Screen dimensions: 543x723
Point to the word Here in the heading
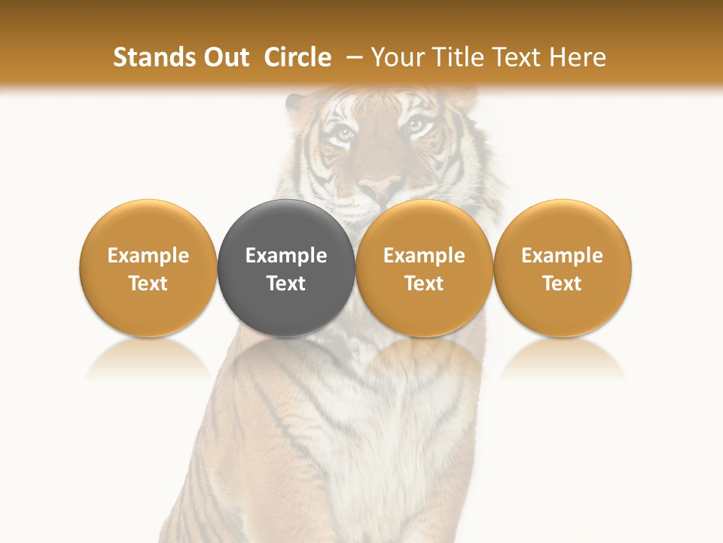coord(578,57)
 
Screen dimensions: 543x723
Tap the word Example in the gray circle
coord(286,256)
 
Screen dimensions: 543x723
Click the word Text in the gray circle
coord(286,284)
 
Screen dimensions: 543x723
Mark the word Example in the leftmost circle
coord(148,256)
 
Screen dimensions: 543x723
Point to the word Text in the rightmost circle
coord(563,284)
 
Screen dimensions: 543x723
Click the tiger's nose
coord(380,186)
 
